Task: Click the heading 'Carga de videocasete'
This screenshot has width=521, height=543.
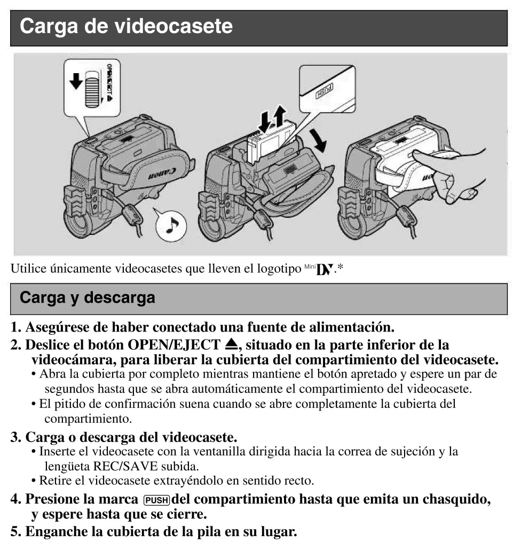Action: click(x=127, y=26)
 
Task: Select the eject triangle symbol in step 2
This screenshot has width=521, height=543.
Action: click(x=231, y=343)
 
